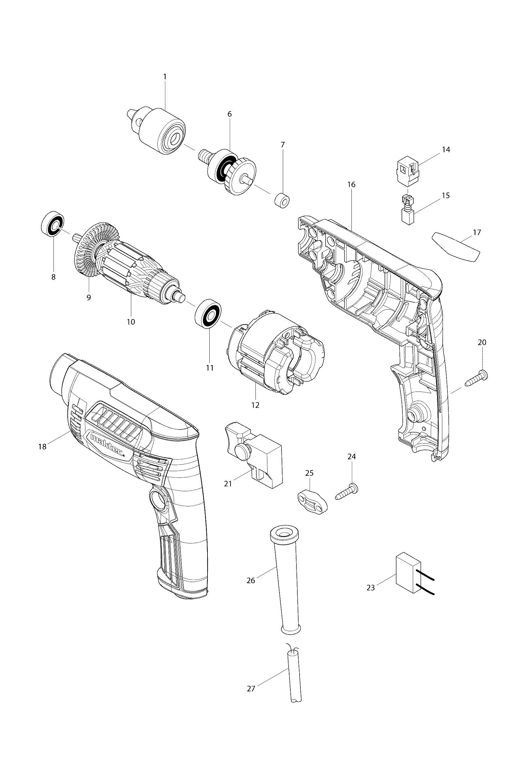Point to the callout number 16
(x=351, y=184)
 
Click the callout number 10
(x=131, y=321)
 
